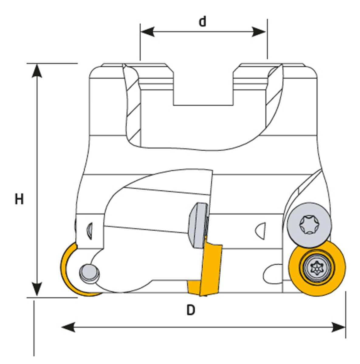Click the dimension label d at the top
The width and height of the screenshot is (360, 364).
[x=203, y=22]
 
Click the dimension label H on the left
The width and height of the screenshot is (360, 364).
[x=19, y=200]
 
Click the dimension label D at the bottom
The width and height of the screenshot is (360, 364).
[x=190, y=310]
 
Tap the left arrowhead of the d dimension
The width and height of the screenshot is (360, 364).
[x=148, y=31]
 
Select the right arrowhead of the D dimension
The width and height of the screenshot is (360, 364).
[x=338, y=327]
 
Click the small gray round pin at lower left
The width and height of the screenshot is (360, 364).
[x=89, y=273]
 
